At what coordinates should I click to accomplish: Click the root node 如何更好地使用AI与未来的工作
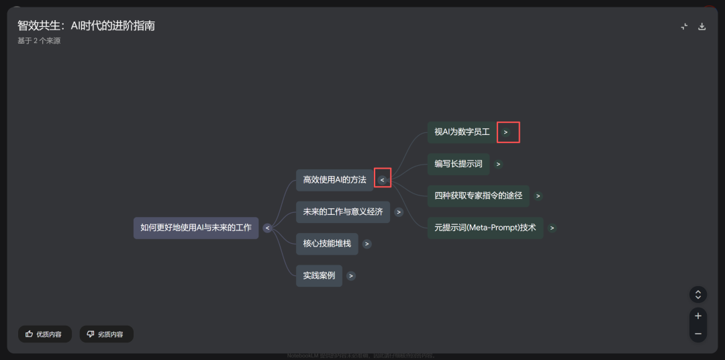coord(195,228)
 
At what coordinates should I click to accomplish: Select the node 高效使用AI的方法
coord(334,180)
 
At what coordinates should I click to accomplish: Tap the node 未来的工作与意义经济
coord(342,212)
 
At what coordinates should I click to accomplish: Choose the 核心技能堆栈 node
coord(327,243)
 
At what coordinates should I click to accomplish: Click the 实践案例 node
coord(319,275)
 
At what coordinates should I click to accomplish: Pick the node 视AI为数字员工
coord(462,132)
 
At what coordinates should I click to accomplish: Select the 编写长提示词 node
coord(458,164)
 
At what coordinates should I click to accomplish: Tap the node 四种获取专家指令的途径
coord(478,196)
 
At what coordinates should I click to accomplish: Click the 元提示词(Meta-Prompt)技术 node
coord(485,228)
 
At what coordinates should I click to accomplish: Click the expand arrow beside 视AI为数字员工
coord(506,132)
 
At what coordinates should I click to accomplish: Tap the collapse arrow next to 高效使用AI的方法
coord(382,180)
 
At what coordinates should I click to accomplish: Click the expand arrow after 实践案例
coord(351,275)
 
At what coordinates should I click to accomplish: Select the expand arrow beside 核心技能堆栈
coord(367,243)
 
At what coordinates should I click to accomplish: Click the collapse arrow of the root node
coord(267,228)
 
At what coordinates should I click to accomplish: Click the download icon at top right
coord(702,27)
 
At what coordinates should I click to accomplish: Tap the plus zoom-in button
coord(698,316)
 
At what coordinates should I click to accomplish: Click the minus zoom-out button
coord(698,334)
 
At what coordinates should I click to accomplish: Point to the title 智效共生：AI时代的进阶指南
coord(86,26)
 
